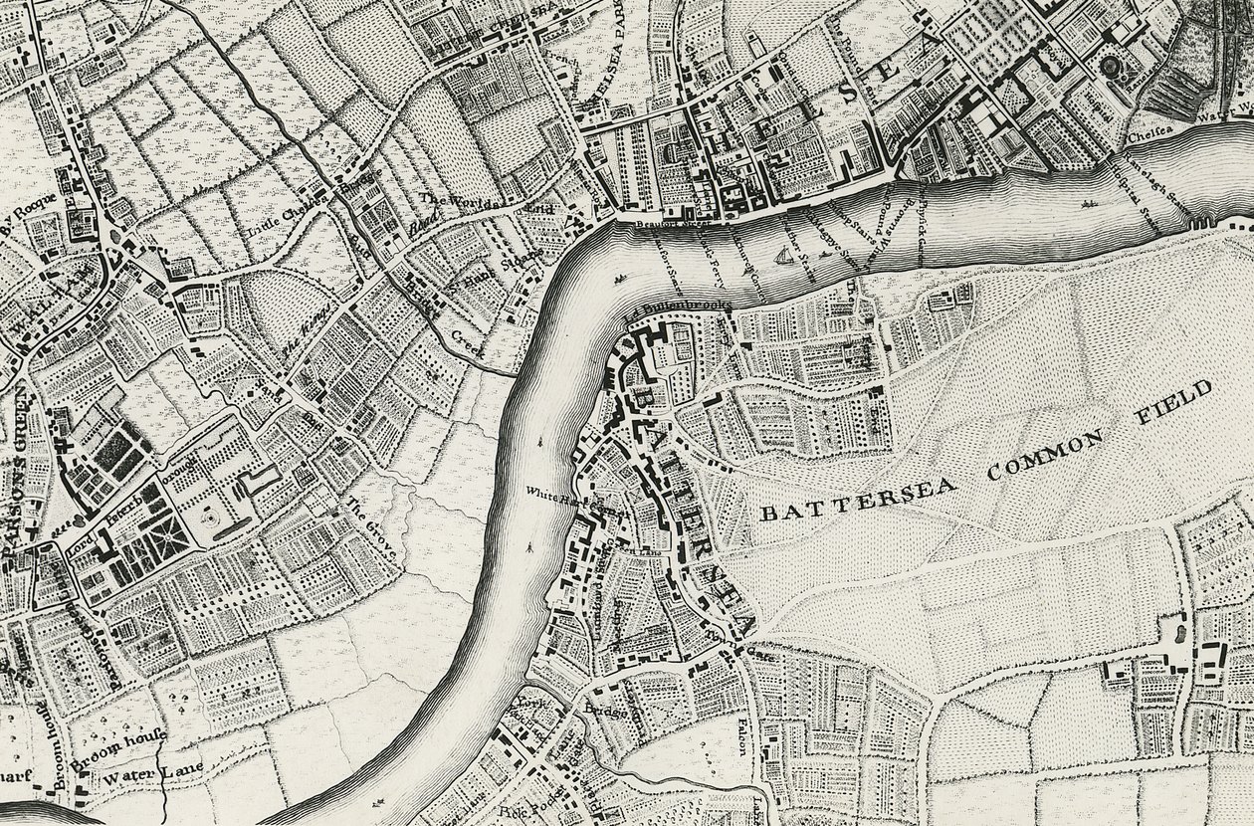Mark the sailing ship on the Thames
coord(782,259)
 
